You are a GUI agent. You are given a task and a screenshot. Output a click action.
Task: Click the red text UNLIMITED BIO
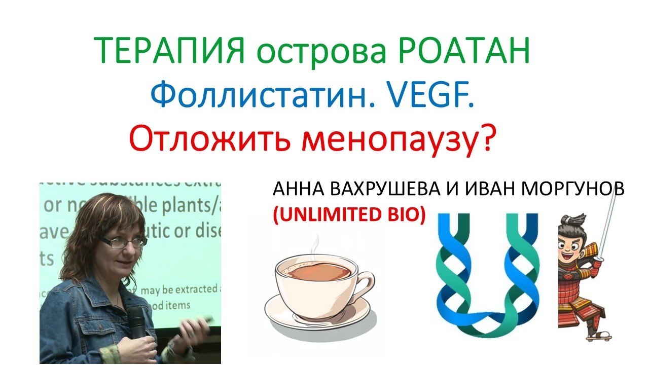pos(349,215)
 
